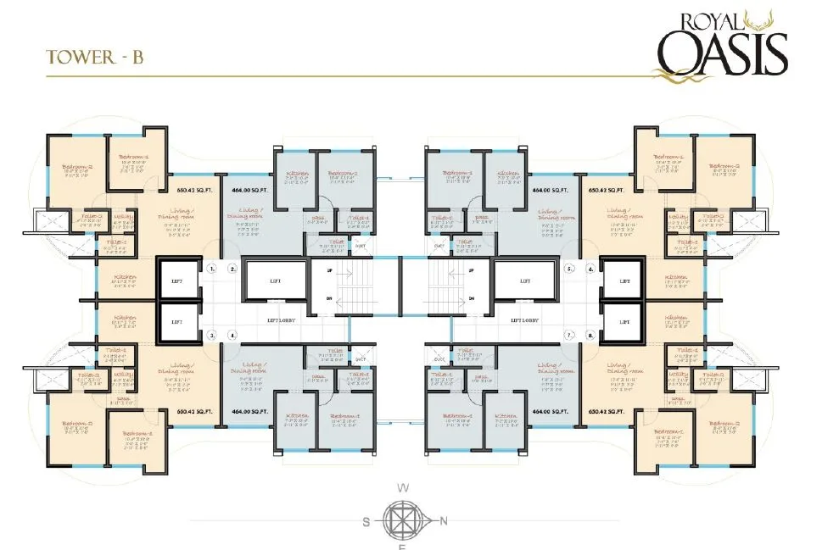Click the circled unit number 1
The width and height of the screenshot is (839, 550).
click(x=211, y=269)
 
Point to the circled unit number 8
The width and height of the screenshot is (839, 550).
click(x=591, y=336)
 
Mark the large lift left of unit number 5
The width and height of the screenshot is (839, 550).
click(x=525, y=281)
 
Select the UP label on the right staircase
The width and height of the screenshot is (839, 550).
click(x=471, y=271)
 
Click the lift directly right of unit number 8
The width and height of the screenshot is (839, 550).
click(x=624, y=321)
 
